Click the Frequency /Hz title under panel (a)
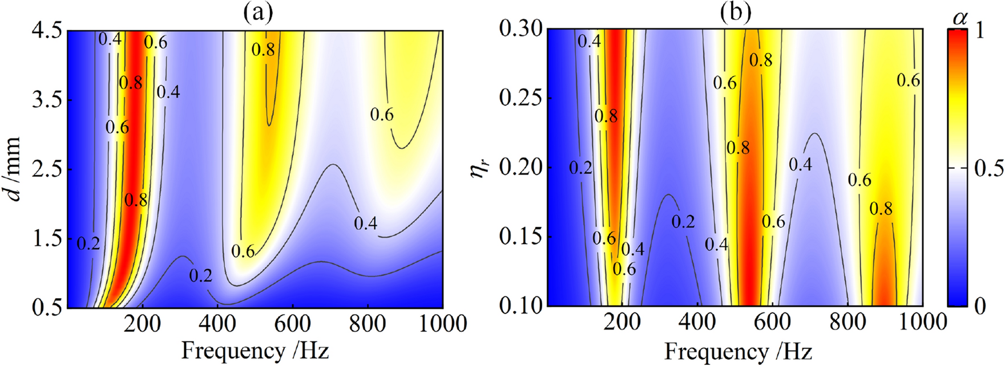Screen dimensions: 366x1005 coord(255,350)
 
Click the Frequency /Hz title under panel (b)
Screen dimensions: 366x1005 coord(737,351)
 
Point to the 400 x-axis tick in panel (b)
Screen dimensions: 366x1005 coord(698,323)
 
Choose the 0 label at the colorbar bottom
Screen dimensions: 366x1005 coord(980,307)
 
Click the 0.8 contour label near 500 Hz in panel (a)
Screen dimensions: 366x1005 coord(263,50)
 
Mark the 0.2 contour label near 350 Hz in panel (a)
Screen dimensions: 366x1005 coord(200,276)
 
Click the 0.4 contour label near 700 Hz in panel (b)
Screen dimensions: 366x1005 coord(800,165)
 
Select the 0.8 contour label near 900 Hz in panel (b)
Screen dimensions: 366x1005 coord(881,209)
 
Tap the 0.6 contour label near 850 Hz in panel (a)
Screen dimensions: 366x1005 coord(382,115)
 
